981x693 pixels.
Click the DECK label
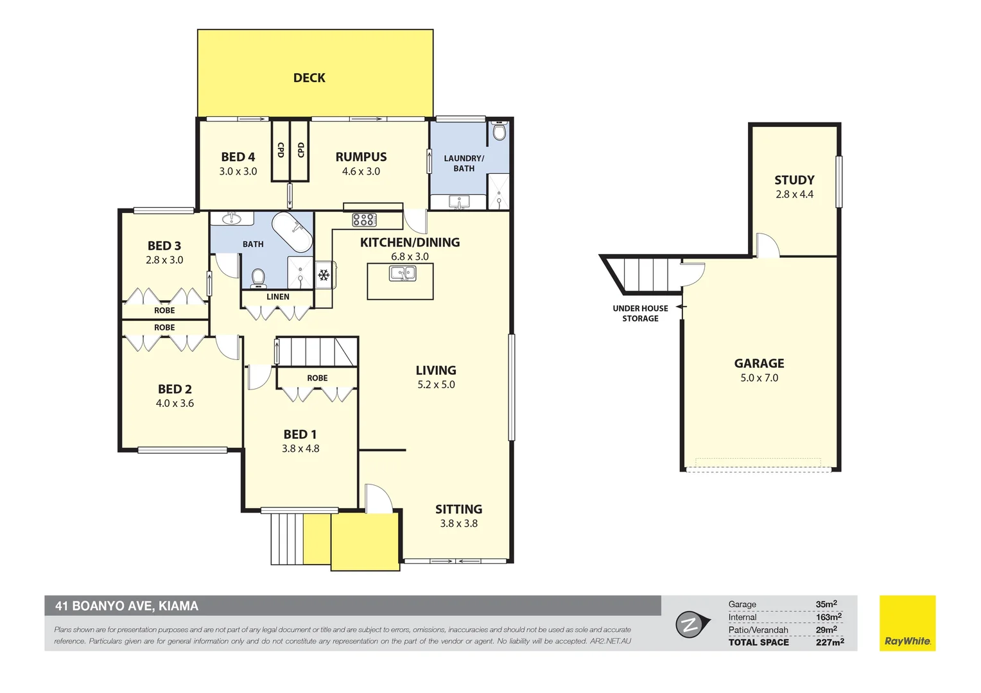[x=309, y=78]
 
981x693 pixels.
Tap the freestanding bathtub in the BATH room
[x=293, y=232]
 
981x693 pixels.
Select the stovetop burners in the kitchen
[x=364, y=220]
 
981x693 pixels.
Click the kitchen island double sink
[x=403, y=274]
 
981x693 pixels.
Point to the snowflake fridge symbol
[x=324, y=275]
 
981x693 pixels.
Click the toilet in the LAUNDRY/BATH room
[x=499, y=132]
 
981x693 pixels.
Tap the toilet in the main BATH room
[x=258, y=277]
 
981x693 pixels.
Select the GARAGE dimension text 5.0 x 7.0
[x=759, y=378]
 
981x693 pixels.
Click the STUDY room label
[x=794, y=180]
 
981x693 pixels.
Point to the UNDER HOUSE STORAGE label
[x=640, y=313]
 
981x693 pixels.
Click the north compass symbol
[x=691, y=624]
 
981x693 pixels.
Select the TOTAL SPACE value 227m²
[x=829, y=642]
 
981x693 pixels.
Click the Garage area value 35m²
[x=826, y=604]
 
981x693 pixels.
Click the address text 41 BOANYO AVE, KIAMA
[x=126, y=606]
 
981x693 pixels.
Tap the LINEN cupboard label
[x=278, y=296]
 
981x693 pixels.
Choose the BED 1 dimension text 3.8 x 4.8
[x=300, y=449]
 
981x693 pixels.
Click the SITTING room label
[x=458, y=509]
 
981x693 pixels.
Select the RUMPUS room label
[x=361, y=157]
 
